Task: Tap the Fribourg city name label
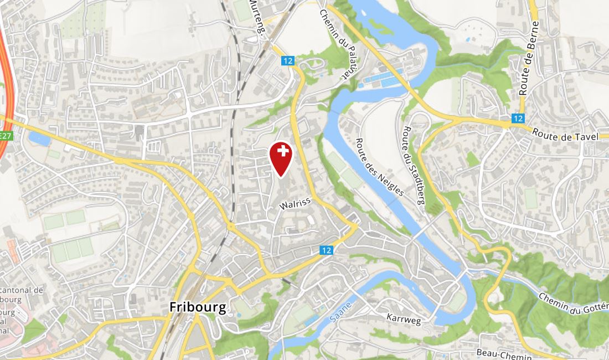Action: (x=198, y=307)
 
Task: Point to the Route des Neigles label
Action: (x=380, y=167)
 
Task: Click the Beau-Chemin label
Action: (x=504, y=353)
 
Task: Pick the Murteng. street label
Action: (x=258, y=18)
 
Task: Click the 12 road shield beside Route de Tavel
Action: (x=518, y=118)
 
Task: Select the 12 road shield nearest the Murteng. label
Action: (x=287, y=61)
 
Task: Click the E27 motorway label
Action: (x=6, y=136)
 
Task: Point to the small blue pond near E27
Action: (x=39, y=138)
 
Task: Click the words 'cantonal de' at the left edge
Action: (x=22, y=290)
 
